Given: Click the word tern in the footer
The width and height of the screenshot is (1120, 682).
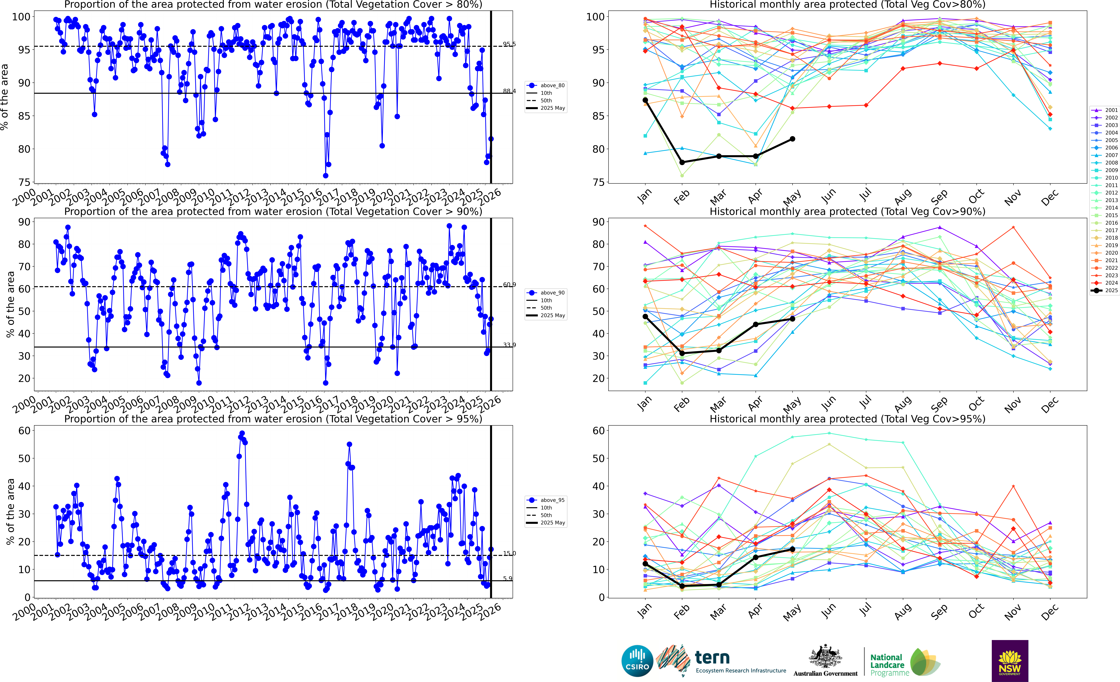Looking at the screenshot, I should coord(712,657).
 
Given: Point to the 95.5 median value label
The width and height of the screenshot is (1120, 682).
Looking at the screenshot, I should coord(509,44).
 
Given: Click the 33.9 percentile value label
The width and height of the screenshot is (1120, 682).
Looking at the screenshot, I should coord(509,345).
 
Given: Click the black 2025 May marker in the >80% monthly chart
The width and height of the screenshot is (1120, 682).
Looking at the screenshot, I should coord(792,139).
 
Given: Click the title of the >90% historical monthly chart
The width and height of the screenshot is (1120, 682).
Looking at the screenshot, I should coord(847,211).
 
